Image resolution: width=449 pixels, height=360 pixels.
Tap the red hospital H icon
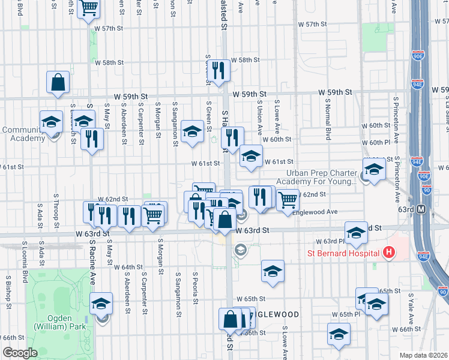coord(389,253)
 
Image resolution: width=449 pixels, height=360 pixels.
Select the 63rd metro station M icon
coord(421,209)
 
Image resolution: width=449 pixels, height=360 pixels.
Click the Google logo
coord(20,353)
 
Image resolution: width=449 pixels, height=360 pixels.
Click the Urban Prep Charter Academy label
coord(317,176)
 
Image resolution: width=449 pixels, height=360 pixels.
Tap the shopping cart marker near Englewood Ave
coord(288,199)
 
